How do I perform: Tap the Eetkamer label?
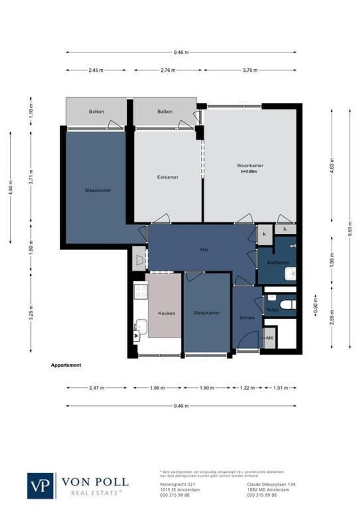click(x=168, y=177)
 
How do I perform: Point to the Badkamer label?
click(x=274, y=262)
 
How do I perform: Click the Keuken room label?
click(x=167, y=313)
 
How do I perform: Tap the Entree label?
click(x=247, y=318)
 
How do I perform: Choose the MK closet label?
click(x=270, y=338)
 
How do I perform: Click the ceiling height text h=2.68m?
click(x=250, y=172)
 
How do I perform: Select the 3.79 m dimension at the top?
click(x=250, y=70)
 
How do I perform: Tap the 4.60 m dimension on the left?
click(x=10, y=188)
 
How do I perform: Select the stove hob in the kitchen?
click(x=141, y=292)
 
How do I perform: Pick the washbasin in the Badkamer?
click(x=290, y=273)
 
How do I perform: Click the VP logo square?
click(x=41, y=485)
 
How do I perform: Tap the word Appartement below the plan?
click(x=66, y=365)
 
